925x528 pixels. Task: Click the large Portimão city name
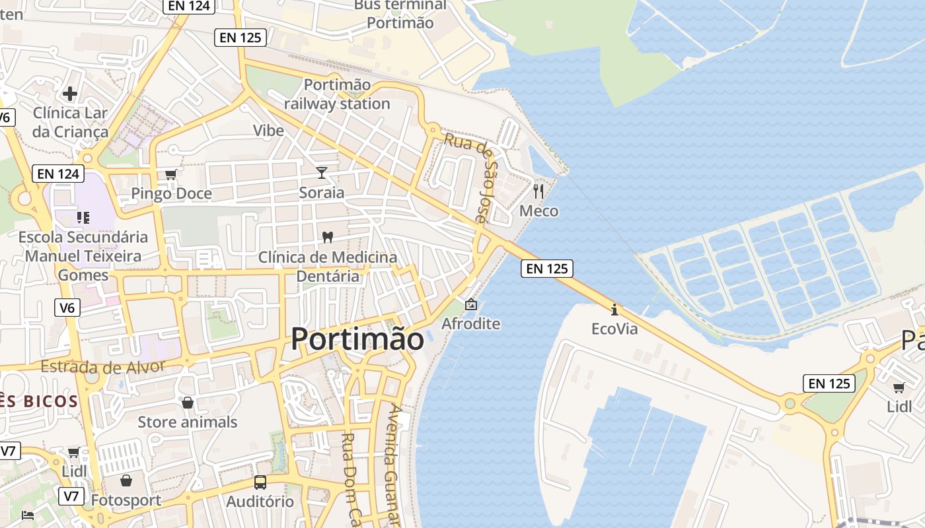(357, 339)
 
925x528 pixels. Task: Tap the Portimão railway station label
(337, 94)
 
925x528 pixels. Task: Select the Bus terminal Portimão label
(400, 14)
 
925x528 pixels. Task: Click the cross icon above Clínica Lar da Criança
(70, 94)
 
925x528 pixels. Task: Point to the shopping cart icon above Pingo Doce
(171, 174)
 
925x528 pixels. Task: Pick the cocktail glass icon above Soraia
(322, 173)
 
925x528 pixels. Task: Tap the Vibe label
(268, 130)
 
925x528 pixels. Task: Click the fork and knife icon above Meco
(538, 191)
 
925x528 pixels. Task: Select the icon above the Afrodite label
(471, 304)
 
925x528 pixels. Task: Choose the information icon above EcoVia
(614, 309)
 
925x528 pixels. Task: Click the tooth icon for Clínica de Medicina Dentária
(328, 237)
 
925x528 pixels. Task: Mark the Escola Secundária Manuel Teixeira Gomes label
(83, 255)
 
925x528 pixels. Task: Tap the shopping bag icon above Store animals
(188, 403)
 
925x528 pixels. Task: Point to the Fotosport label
(126, 500)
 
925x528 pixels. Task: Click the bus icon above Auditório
(260, 482)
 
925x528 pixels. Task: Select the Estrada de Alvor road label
(110, 366)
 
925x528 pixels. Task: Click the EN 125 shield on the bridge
(546, 269)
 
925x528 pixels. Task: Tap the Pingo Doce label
(171, 193)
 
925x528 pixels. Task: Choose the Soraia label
(322, 193)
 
